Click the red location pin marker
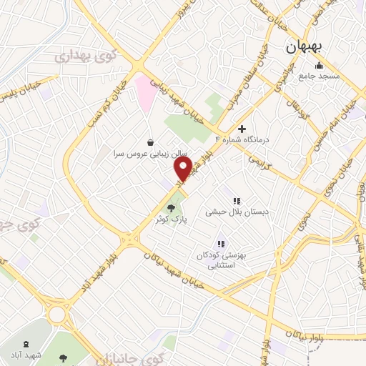(183, 169)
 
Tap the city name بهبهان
(305, 47)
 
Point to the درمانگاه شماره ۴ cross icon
(242, 129)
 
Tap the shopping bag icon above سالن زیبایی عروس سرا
(149, 142)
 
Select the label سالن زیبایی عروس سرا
(148, 153)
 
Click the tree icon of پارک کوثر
(170, 207)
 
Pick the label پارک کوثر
(171, 218)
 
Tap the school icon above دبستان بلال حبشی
(236, 201)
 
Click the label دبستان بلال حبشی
(235, 212)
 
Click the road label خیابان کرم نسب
(104, 100)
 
